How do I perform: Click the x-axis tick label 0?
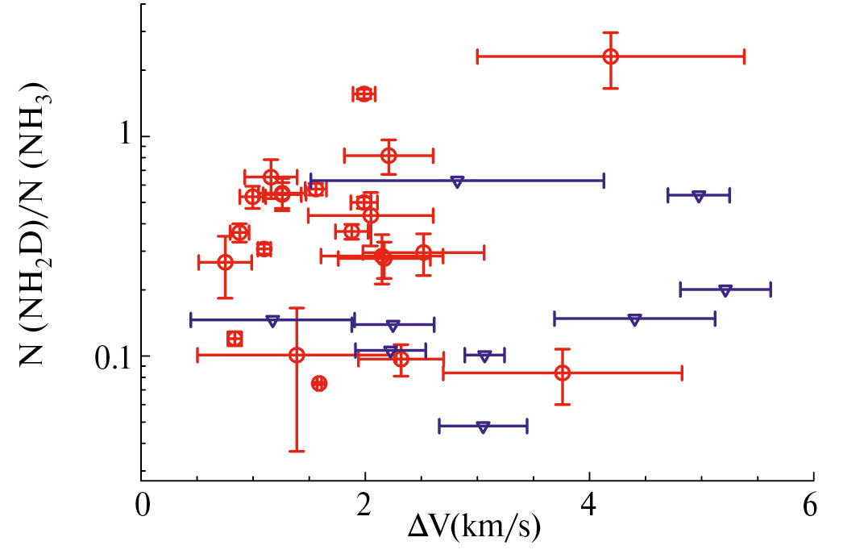click(x=143, y=508)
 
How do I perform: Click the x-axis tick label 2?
click(x=366, y=508)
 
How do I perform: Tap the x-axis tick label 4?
click(x=590, y=508)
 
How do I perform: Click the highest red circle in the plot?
click(x=610, y=56)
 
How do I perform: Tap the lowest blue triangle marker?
click(x=483, y=427)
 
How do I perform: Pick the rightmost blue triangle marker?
click(x=725, y=290)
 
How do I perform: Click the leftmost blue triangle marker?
click(x=272, y=320)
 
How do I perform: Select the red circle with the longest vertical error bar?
click(x=297, y=356)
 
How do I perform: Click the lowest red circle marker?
click(x=319, y=383)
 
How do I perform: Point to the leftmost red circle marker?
click(x=225, y=262)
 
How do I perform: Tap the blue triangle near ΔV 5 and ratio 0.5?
click(x=699, y=196)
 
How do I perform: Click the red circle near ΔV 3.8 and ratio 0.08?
click(x=563, y=373)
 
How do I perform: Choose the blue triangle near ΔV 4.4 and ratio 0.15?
click(x=634, y=320)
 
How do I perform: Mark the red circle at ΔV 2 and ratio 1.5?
click(x=364, y=94)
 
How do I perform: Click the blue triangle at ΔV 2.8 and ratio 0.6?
click(x=457, y=181)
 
